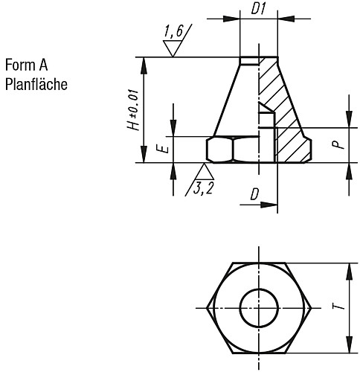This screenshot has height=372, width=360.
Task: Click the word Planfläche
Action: pos(36,83)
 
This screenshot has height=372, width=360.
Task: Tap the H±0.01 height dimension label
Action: pos(133,110)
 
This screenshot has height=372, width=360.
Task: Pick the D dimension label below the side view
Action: pos(254,194)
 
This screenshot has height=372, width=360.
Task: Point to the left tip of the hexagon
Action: pos(208,307)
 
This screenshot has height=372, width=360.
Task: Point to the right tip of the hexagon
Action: pos(309,307)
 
